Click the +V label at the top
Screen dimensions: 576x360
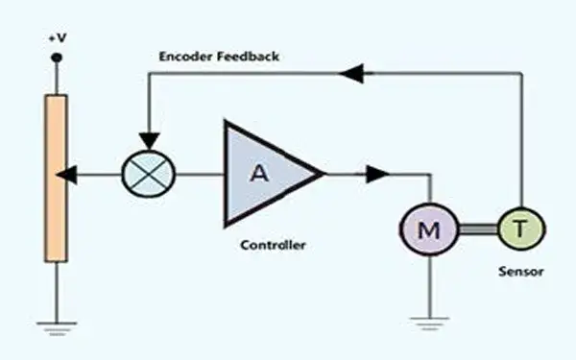(x=58, y=38)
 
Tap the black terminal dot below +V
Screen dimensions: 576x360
(x=57, y=58)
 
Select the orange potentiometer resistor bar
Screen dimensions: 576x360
(x=57, y=179)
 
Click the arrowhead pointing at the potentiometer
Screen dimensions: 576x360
(x=66, y=175)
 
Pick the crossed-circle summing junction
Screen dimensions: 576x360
(x=149, y=174)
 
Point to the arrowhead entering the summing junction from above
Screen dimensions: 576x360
(x=149, y=141)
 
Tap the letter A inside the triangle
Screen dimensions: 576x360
(x=259, y=173)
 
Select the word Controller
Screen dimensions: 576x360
(x=273, y=245)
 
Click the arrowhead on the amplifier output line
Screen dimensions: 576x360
(x=378, y=174)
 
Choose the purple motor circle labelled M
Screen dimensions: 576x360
(x=429, y=229)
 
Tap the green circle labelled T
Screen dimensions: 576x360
(x=521, y=228)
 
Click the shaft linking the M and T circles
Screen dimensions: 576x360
(x=478, y=229)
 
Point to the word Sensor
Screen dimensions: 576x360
(x=521, y=272)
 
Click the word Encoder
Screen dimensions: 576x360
(x=185, y=57)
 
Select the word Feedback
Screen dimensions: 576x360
(x=248, y=57)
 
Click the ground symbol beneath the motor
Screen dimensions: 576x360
(x=429, y=324)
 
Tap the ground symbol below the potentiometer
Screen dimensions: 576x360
(x=57, y=328)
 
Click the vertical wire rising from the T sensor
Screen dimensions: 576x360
(x=521, y=140)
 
